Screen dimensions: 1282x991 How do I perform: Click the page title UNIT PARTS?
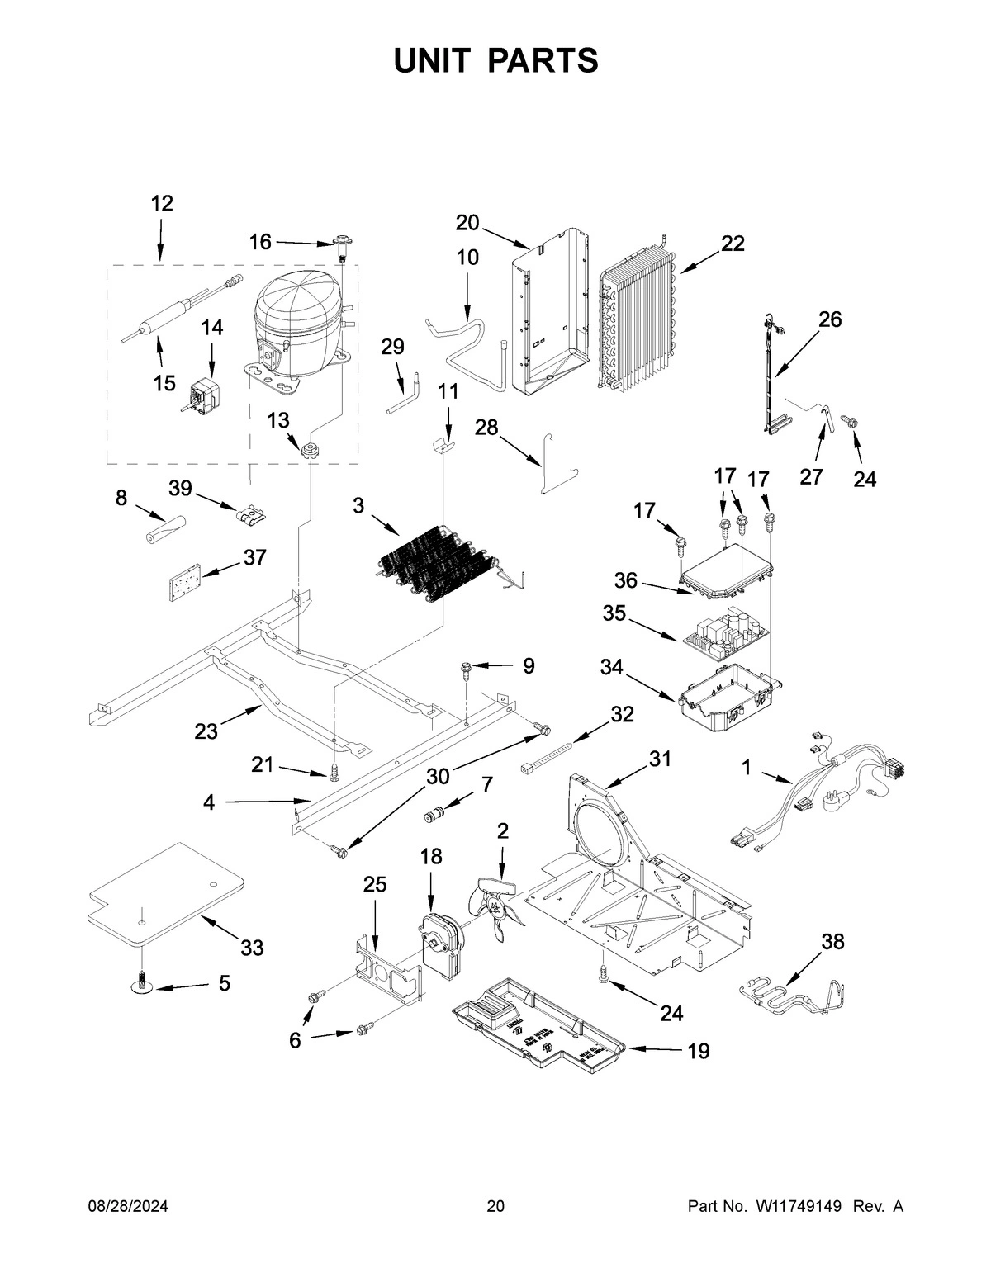[x=495, y=60]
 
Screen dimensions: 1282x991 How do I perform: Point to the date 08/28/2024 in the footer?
[x=128, y=1206]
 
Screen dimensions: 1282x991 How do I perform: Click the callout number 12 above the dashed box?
[x=162, y=203]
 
